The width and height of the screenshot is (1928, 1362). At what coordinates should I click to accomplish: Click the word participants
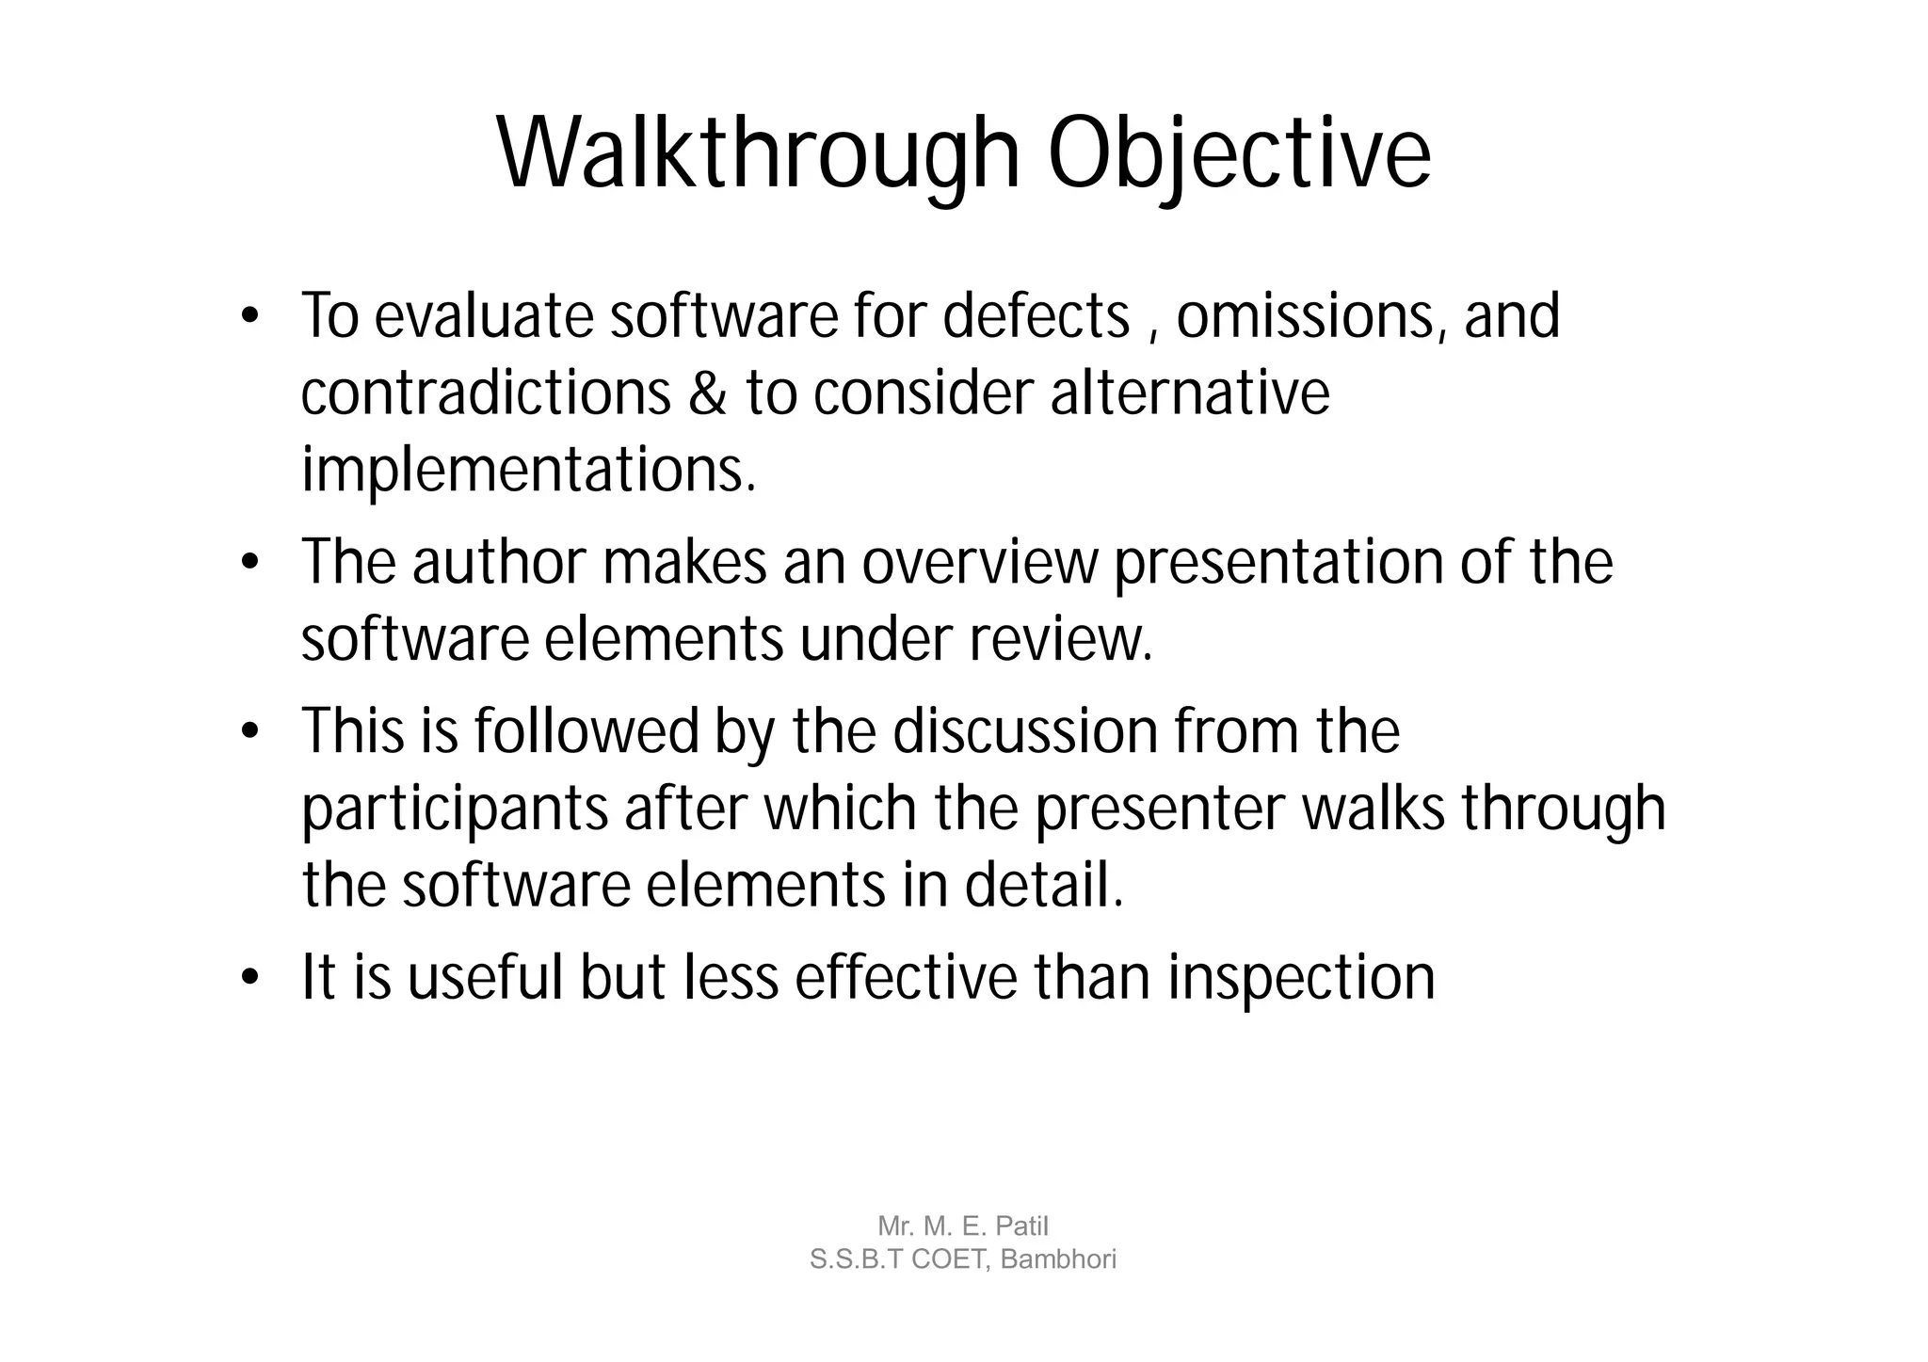pos(455,809)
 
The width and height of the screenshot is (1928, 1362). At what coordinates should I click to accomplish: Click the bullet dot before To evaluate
pos(249,316)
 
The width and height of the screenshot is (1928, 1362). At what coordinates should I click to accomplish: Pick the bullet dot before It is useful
pos(249,979)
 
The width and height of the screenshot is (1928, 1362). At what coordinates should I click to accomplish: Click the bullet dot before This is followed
pos(249,732)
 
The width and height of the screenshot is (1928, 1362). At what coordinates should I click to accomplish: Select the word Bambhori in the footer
pos(1058,1258)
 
